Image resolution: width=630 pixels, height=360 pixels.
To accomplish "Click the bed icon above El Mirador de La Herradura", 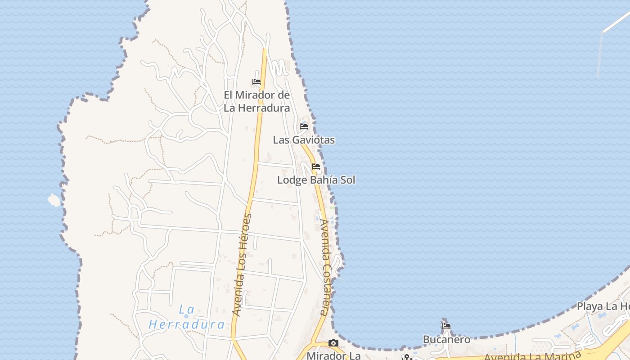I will pyautogui.click(x=256, y=82).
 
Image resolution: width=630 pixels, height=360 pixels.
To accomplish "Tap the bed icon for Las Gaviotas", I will pyautogui.click(x=304, y=126).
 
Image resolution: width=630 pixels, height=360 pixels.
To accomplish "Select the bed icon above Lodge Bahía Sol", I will pyautogui.click(x=316, y=166).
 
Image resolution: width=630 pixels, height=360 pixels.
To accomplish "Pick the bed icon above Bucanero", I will pyautogui.click(x=446, y=326).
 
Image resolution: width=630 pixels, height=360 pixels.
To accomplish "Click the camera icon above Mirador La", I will pyautogui.click(x=333, y=343).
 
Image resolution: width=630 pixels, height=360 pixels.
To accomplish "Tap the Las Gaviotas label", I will pyautogui.click(x=304, y=140).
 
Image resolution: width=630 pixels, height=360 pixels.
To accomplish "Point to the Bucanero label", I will pyautogui.click(x=446, y=339).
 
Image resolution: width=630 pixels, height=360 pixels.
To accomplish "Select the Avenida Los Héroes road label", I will pyautogui.click(x=242, y=265).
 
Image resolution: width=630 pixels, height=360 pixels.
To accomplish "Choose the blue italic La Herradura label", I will pyautogui.click(x=187, y=317).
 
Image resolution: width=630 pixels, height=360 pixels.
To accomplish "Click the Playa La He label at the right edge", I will pyautogui.click(x=603, y=306).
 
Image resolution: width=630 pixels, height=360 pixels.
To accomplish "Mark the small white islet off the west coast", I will pyautogui.click(x=54, y=200).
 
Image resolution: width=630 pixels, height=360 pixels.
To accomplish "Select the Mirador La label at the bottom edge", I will pyautogui.click(x=333, y=355).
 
